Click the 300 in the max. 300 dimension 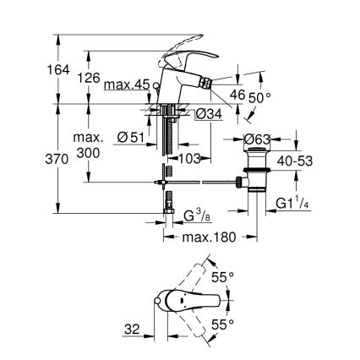click(88, 152)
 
